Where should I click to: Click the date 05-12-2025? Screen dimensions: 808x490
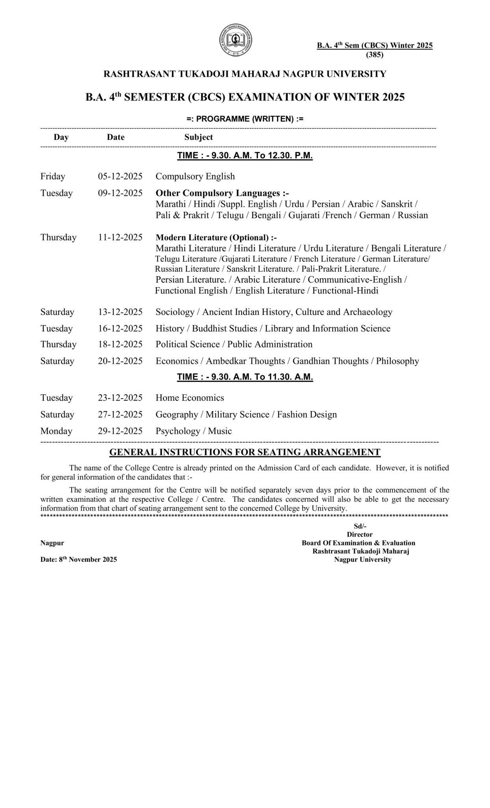(120, 176)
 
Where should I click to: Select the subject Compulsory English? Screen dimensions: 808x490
(195, 176)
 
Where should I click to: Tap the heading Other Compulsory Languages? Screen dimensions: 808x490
(222, 193)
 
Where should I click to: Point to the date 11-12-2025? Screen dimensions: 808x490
(120, 237)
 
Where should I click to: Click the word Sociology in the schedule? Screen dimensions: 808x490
(175, 312)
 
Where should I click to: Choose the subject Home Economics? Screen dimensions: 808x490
(190, 398)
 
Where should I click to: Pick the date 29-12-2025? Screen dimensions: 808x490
(120, 431)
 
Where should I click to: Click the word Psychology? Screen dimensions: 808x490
(178, 431)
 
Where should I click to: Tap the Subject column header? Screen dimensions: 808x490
(198, 137)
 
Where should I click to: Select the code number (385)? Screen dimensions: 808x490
(374, 55)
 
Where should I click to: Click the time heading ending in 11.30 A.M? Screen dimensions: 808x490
(245, 377)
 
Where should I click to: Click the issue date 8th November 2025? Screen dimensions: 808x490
(78, 559)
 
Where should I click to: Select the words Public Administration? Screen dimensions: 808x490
(270, 344)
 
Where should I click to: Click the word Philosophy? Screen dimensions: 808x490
(397, 361)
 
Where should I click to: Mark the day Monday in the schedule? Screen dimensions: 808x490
(56, 431)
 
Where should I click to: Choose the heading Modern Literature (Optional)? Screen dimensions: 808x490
(216, 238)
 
